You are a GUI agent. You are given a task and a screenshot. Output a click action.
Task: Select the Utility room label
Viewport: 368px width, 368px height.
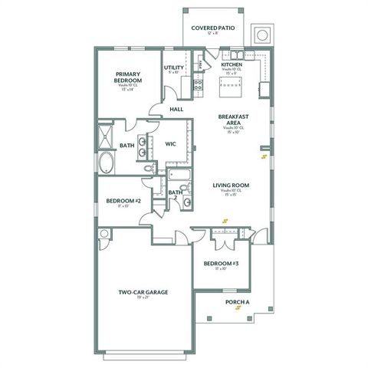pyautogui.click(x=173, y=67)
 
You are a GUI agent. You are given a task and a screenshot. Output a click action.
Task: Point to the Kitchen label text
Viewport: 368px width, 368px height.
pyautogui.click(x=232, y=65)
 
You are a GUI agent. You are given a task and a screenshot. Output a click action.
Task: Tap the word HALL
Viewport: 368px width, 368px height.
pyautogui.click(x=176, y=110)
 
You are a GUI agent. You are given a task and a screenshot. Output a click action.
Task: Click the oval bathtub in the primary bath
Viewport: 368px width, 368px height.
pyautogui.click(x=106, y=163)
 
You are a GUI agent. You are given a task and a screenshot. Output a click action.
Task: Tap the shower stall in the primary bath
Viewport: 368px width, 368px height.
pyautogui.click(x=104, y=136)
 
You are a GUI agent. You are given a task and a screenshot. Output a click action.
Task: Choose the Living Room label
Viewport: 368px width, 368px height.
pyautogui.click(x=231, y=184)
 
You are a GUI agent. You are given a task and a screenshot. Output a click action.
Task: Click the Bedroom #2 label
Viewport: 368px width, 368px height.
pyautogui.click(x=123, y=201)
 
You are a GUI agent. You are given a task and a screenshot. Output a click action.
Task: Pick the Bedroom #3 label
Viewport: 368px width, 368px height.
pyautogui.click(x=221, y=264)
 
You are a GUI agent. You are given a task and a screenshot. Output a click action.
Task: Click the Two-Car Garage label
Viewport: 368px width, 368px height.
pyautogui.click(x=143, y=292)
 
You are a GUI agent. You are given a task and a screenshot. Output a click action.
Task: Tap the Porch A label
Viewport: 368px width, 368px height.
pyautogui.click(x=238, y=302)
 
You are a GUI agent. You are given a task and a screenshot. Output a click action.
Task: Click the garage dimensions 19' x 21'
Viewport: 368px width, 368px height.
pyautogui.click(x=143, y=300)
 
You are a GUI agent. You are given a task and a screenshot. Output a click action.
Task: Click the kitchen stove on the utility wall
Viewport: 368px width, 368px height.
pyautogui.click(x=198, y=85)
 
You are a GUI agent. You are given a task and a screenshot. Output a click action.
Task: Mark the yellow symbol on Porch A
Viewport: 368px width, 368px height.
pyautogui.click(x=238, y=309)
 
